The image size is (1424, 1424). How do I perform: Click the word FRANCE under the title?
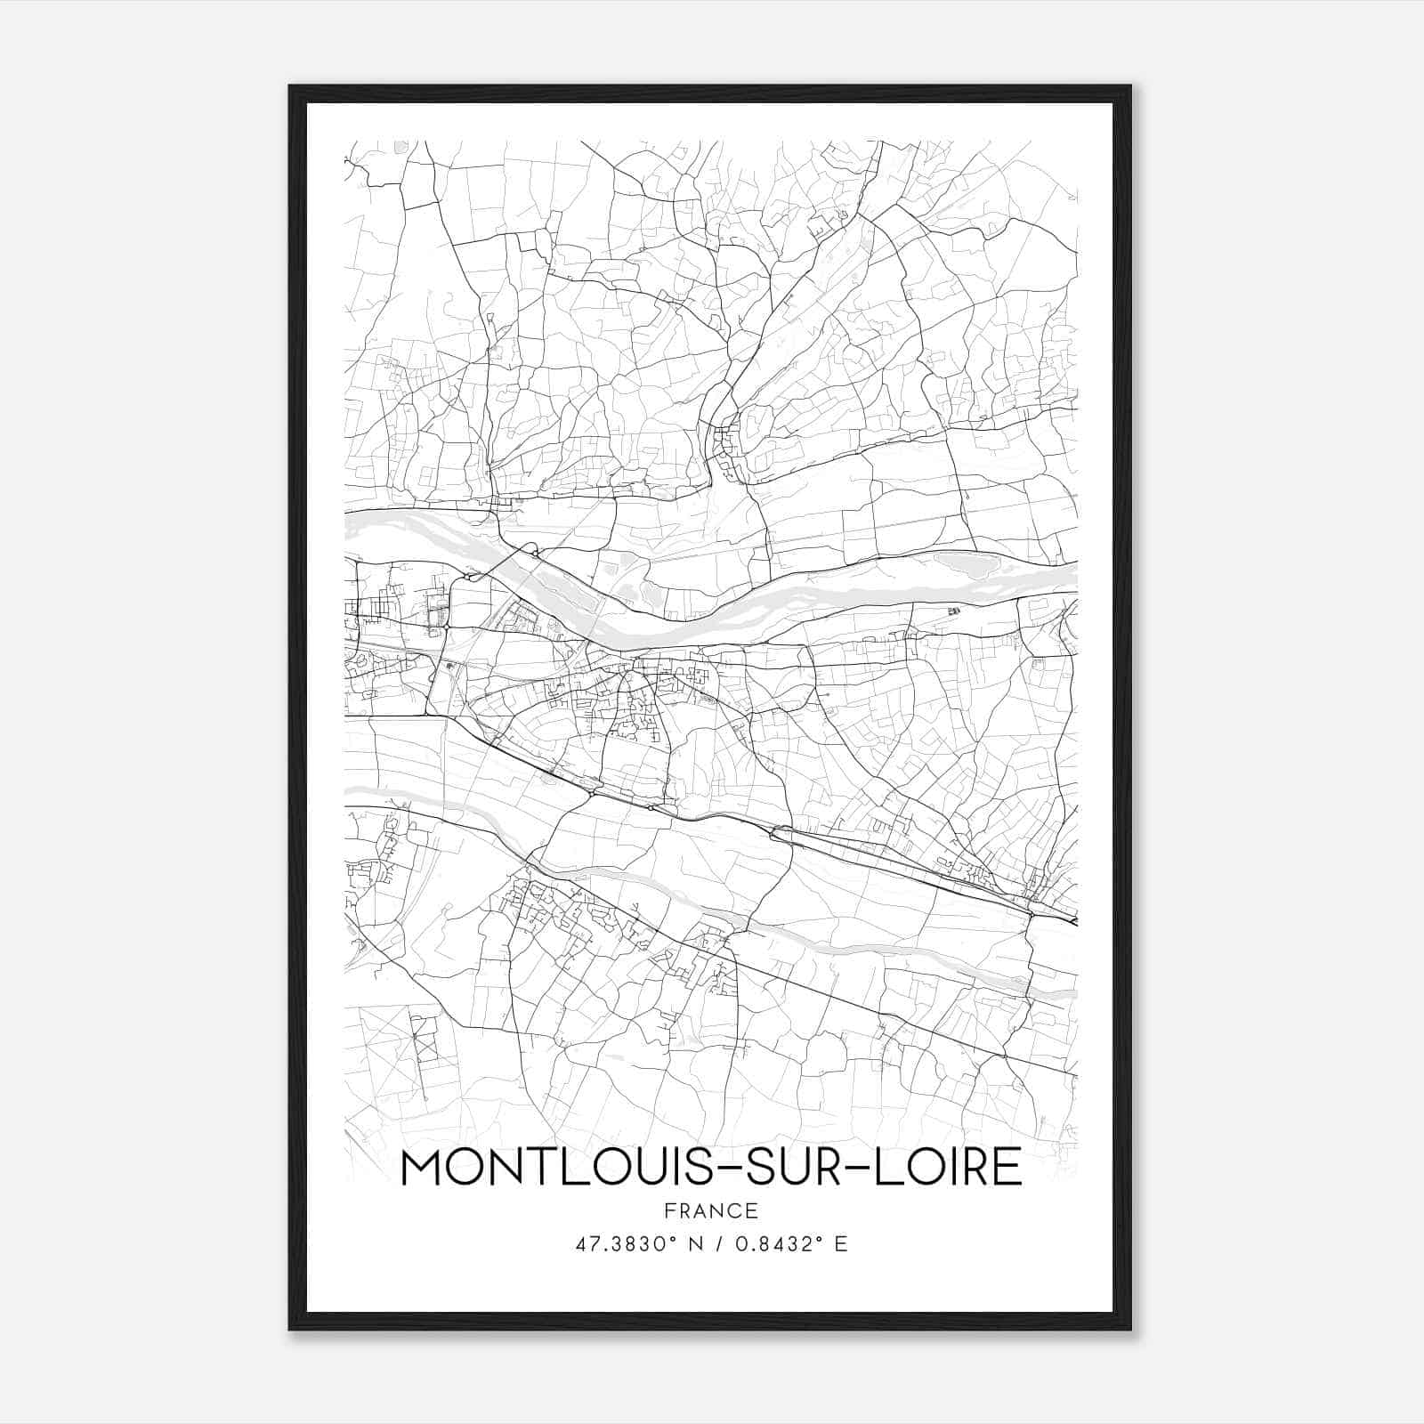point(711,1210)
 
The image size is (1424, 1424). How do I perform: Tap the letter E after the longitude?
point(841,1243)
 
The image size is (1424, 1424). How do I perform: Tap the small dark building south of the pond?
point(955,611)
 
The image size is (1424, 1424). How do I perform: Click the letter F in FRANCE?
point(669,1210)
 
